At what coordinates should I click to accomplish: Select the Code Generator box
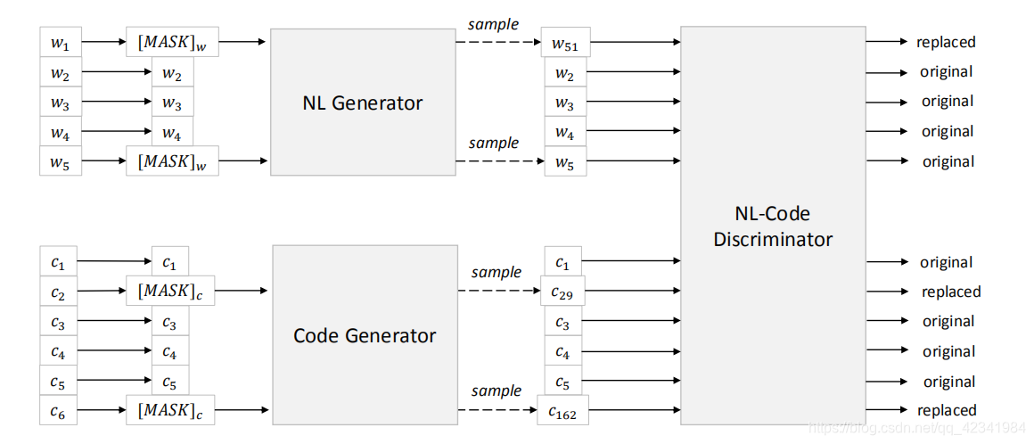point(364,335)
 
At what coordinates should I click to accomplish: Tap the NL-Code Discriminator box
point(772,225)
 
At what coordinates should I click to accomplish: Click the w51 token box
point(567,42)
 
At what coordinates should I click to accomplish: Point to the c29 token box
point(562,292)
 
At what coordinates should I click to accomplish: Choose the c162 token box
point(562,411)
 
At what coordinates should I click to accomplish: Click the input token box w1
point(61,42)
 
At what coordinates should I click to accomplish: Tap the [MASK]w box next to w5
point(173,161)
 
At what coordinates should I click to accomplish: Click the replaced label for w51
point(946,42)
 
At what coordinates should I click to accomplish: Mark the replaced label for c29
point(951,292)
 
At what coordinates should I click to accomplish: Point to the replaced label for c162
point(947,411)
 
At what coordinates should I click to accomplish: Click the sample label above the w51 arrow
point(494,25)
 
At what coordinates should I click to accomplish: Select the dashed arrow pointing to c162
point(496,411)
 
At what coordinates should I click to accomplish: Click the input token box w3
point(61,102)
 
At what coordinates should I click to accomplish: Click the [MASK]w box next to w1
point(173,42)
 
